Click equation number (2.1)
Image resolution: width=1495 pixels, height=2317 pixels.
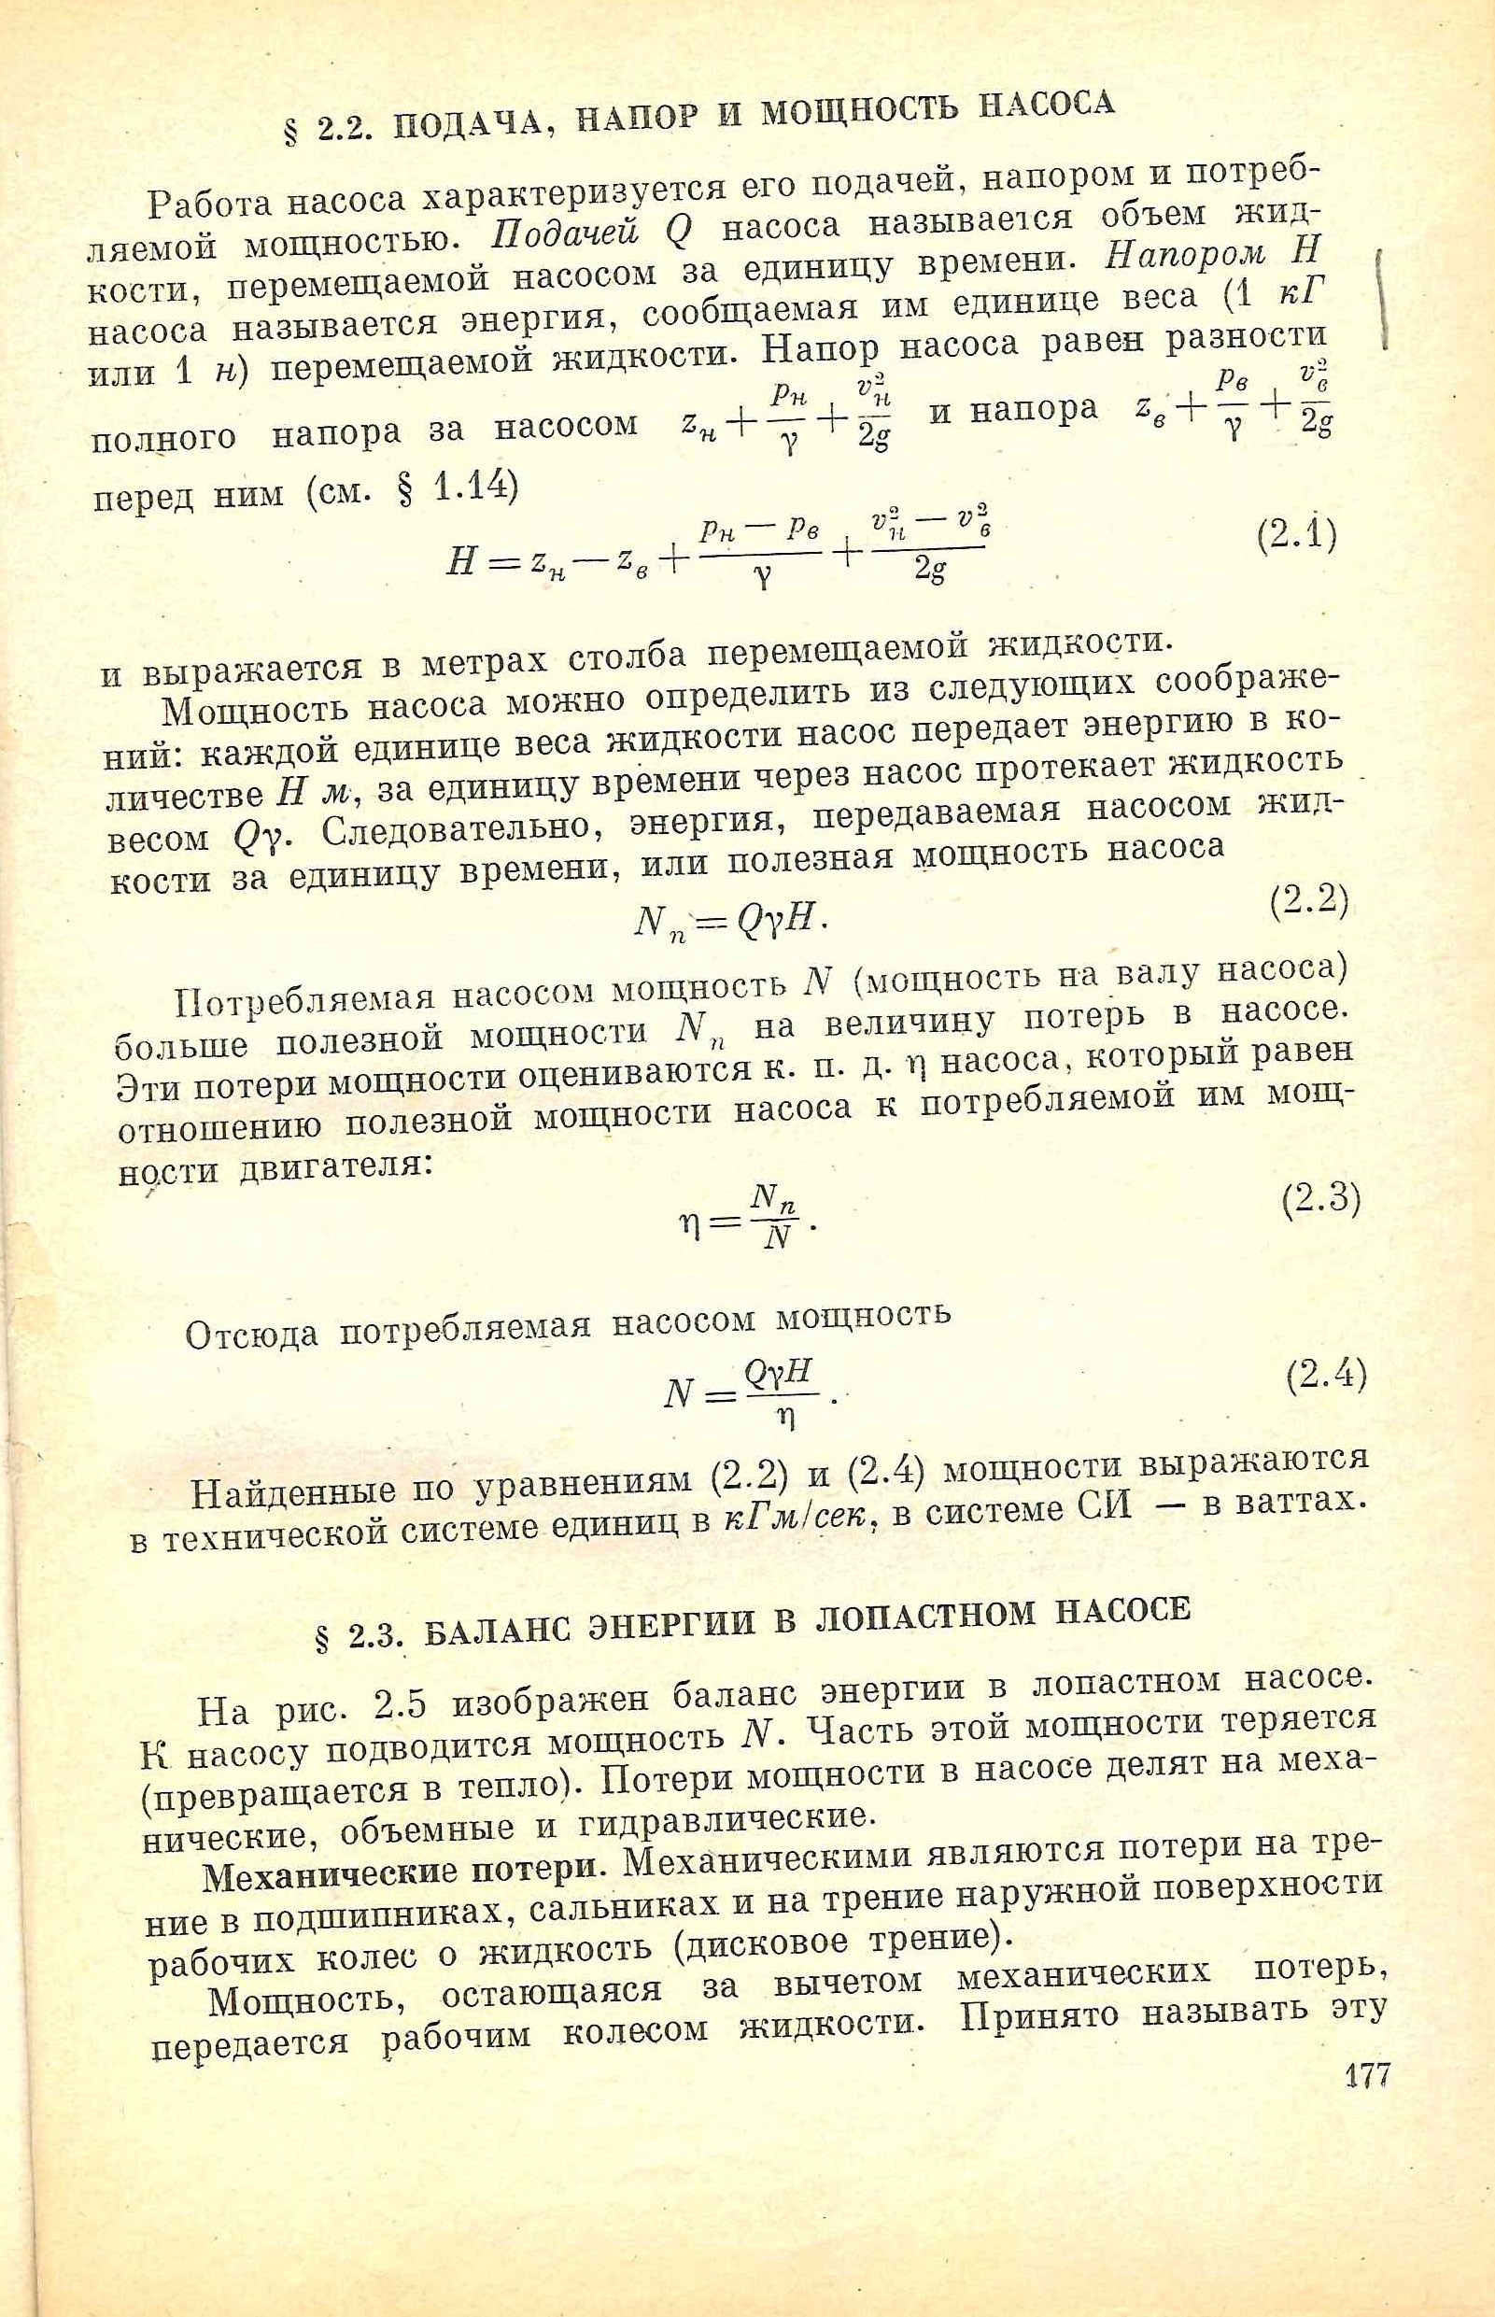(1297, 536)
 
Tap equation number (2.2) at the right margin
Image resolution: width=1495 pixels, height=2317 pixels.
(1308, 904)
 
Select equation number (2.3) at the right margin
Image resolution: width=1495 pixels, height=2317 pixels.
(1321, 1202)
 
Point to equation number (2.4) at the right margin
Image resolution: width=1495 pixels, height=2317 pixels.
(1326, 1375)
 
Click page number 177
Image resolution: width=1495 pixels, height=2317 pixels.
(1368, 2076)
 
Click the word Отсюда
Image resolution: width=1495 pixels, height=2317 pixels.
(251, 1335)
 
